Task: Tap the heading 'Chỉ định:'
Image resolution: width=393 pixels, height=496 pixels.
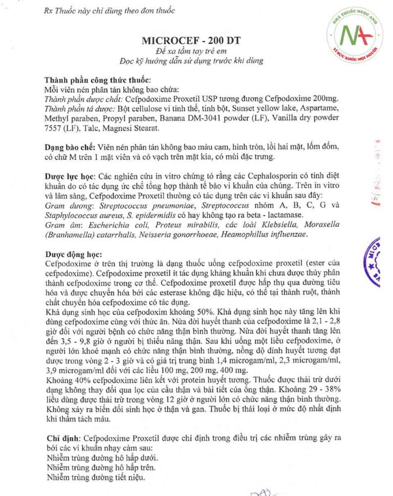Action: coord(62,438)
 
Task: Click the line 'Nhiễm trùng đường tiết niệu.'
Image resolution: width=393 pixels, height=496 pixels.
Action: coord(95,478)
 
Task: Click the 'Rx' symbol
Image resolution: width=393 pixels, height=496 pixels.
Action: coord(49,10)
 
